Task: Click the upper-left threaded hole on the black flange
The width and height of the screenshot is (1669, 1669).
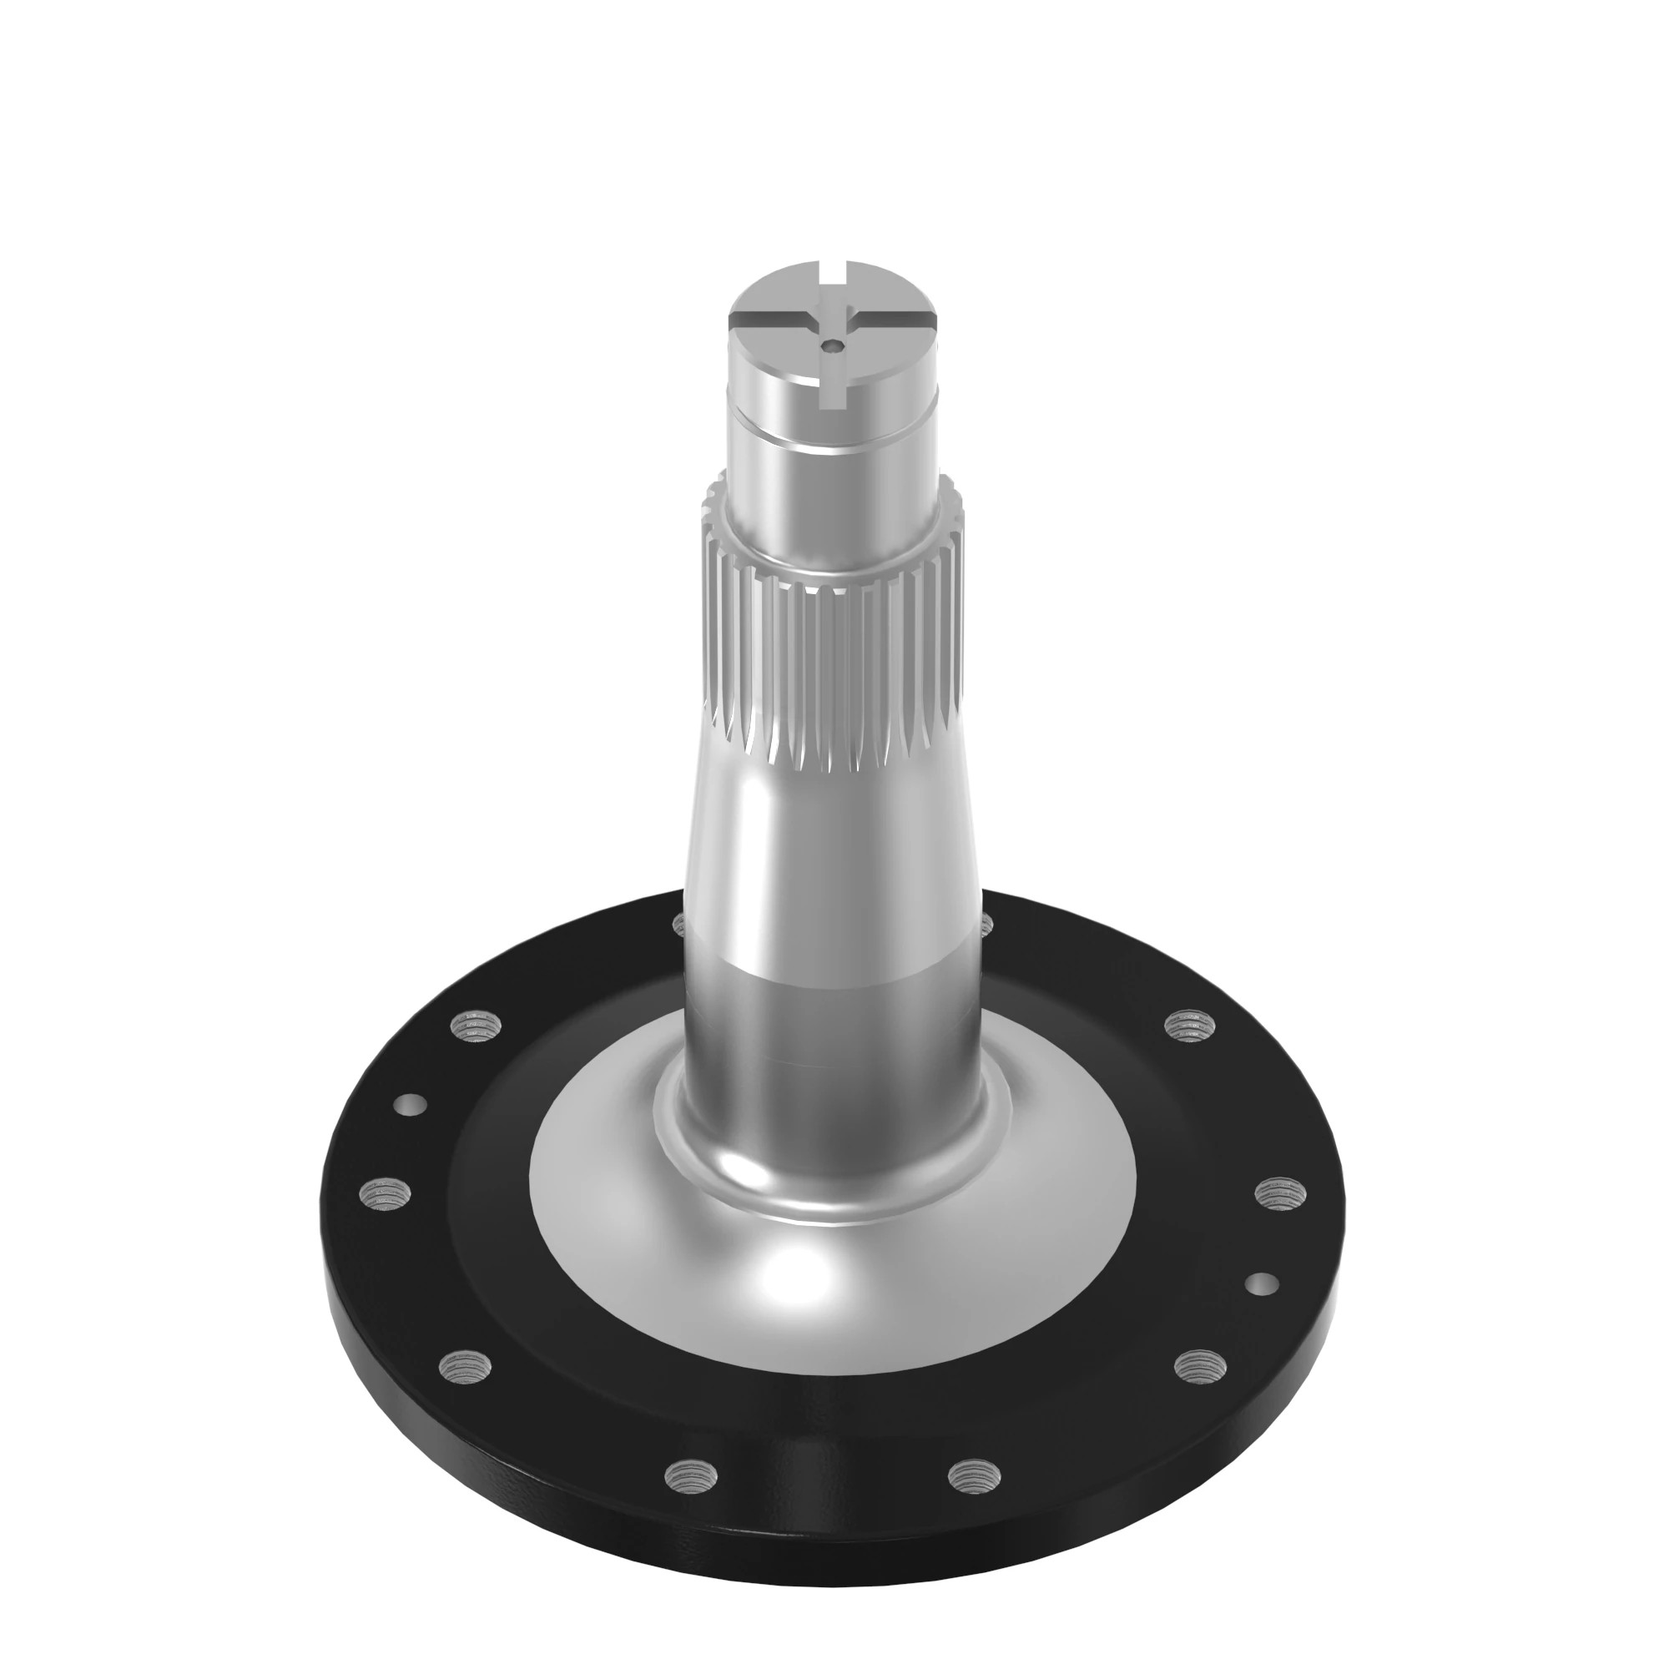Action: coord(471,1027)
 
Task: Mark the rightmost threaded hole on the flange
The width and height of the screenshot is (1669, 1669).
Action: coord(1280,1193)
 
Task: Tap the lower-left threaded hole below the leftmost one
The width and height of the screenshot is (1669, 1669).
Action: coord(466,1366)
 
